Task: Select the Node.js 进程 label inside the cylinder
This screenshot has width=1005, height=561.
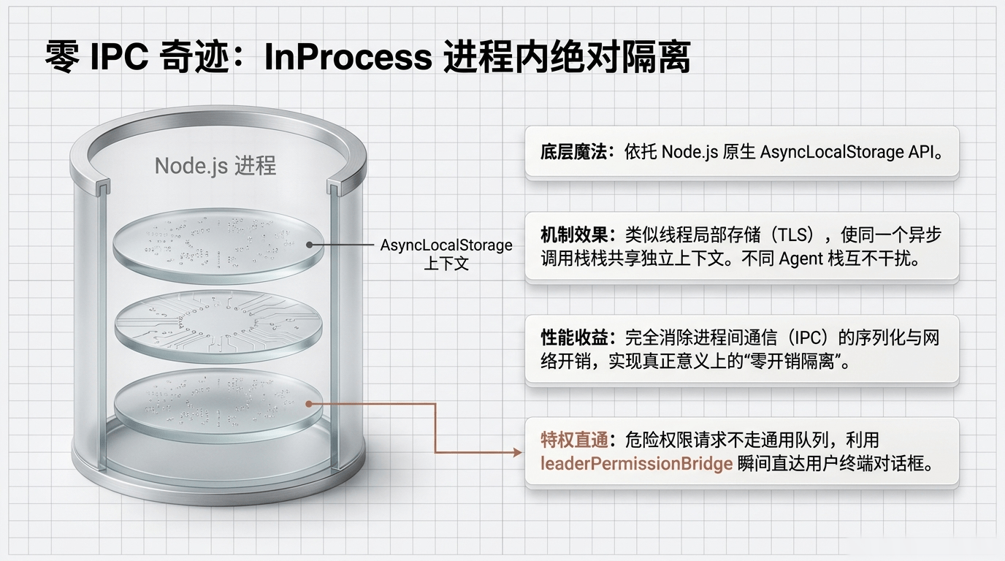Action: (x=215, y=166)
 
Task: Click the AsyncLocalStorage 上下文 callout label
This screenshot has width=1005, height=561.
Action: (x=446, y=253)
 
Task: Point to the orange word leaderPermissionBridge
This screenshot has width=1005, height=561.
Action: (x=636, y=464)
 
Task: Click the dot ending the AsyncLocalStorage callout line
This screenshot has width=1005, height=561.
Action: (x=310, y=245)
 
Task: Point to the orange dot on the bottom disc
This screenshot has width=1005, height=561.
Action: (x=310, y=402)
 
